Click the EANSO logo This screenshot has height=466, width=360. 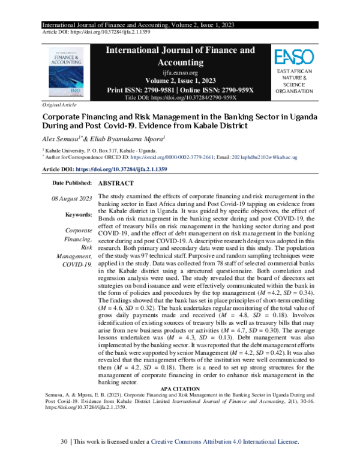tap(293, 58)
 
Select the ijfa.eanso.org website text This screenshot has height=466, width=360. tap(181, 71)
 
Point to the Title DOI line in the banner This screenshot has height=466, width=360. tap(181, 97)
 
